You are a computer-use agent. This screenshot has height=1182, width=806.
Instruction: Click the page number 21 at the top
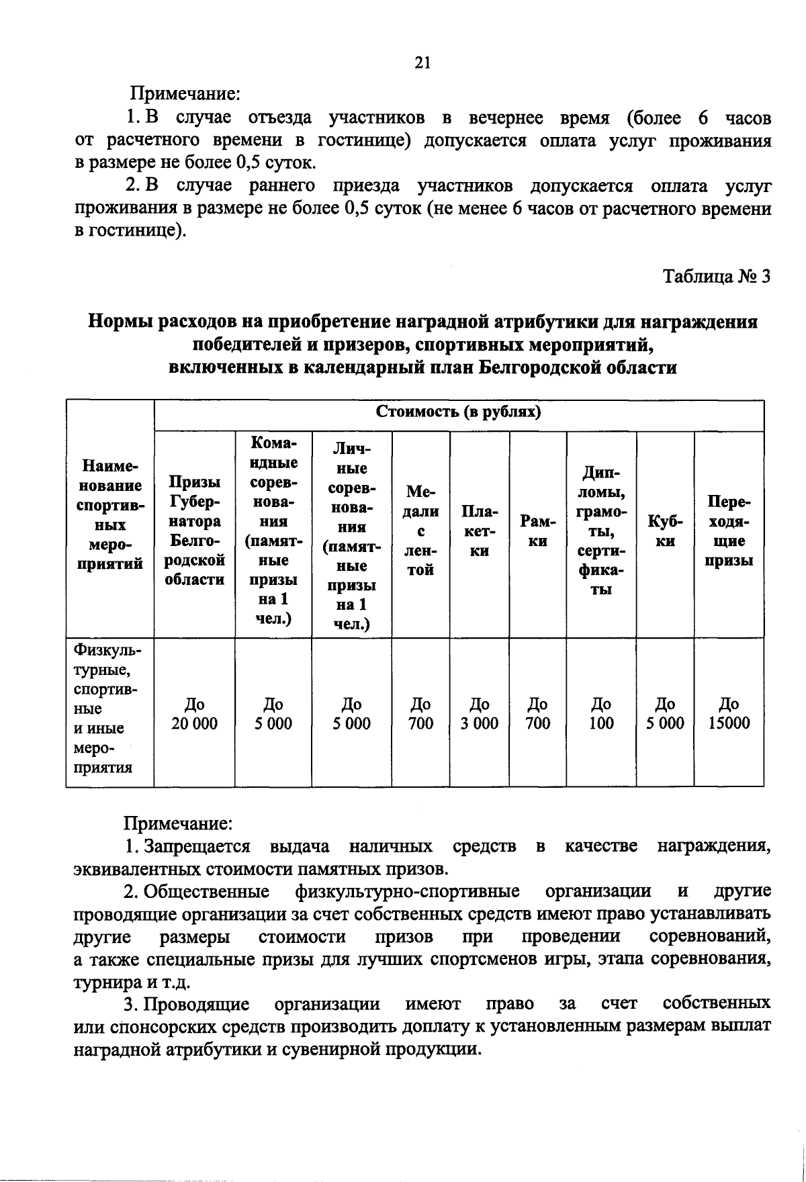point(421,62)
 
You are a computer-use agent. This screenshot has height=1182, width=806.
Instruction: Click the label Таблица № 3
point(716,277)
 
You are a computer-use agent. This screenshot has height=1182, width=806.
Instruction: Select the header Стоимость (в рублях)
point(459,412)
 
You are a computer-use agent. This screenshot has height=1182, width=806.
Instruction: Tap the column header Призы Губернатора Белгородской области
point(194,531)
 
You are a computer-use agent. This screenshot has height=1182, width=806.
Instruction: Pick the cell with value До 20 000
point(194,713)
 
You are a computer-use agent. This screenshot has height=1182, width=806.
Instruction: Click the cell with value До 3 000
point(479,713)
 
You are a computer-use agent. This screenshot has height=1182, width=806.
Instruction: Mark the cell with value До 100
point(601,713)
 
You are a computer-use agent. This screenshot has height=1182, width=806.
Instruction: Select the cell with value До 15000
point(729,713)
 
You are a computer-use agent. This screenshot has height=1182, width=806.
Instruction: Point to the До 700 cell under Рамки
point(537,713)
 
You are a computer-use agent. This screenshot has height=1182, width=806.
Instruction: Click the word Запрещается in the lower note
point(197,846)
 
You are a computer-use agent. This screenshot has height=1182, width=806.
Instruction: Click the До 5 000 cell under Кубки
point(665,713)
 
